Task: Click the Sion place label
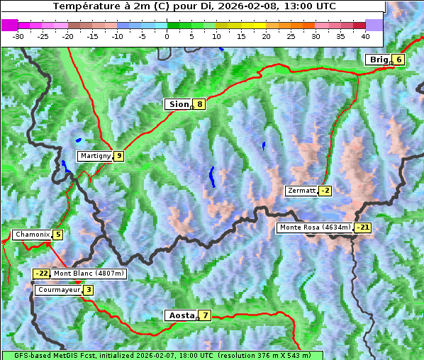[179, 104]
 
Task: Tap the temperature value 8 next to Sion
[200, 104]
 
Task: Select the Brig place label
[379, 60]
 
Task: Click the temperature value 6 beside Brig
[399, 60]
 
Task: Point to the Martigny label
[95, 156]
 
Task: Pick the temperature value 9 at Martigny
[119, 156]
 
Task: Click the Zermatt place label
[301, 191]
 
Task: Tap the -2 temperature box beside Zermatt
[325, 191]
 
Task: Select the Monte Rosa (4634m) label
[315, 227]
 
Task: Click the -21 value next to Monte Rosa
[363, 227]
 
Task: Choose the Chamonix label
[32, 235]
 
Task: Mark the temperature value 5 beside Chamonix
[58, 235]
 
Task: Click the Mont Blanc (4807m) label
[89, 274]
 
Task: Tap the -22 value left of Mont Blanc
[42, 274]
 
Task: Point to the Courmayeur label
[58, 290]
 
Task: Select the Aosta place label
[180, 315]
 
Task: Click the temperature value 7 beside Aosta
[205, 315]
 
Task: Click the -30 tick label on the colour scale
[18, 35]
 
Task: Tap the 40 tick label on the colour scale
[365, 35]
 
